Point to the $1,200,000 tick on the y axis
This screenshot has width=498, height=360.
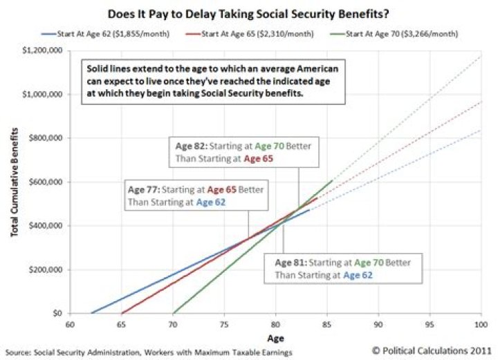tap(43, 50)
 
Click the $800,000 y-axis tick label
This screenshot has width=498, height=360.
tap(46, 138)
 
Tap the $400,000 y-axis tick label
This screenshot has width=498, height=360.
tap(46, 226)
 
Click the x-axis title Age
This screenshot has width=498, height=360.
tap(275, 339)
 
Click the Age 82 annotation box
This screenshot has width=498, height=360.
tap(243, 151)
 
